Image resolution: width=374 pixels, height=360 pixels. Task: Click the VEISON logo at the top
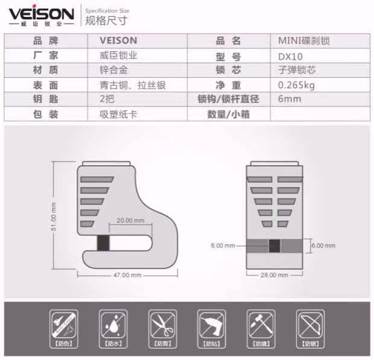click(x=42, y=14)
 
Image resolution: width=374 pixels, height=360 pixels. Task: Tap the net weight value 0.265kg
click(x=297, y=85)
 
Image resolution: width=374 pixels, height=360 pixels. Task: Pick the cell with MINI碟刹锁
click(x=303, y=42)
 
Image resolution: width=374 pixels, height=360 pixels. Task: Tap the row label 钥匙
click(x=46, y=99)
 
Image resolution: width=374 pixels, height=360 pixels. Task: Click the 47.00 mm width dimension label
click(x=127, y=275)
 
